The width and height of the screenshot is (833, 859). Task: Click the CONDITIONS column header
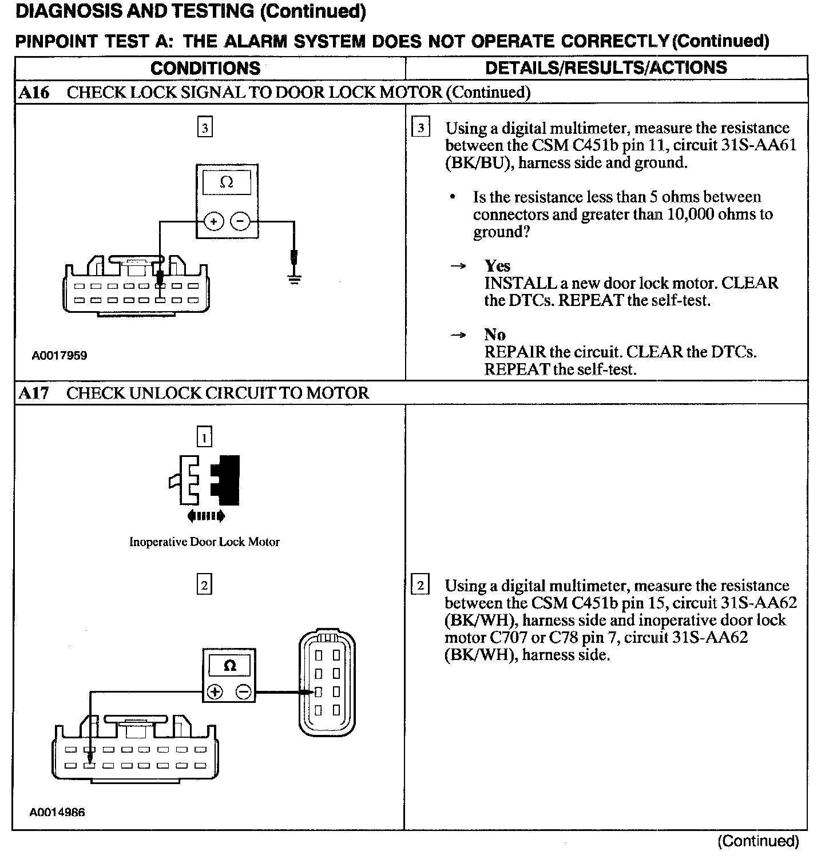coord(205,68)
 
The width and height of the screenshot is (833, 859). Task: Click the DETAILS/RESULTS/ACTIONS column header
coord(606,67)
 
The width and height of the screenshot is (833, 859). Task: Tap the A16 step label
coord(34,93)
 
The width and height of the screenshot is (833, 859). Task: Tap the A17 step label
coord(34,393)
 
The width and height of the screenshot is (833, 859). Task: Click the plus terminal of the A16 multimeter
coord(213,221)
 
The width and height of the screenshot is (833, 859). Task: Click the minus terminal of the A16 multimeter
coord(241,221)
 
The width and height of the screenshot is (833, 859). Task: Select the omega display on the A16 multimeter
coord(227,182)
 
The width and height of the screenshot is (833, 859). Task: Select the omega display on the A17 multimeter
coord(229,666)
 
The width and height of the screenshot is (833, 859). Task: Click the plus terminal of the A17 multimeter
coord(215,693)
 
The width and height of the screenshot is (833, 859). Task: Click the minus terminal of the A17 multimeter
coord(243,693)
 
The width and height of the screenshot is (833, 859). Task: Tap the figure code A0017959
coord(59,356)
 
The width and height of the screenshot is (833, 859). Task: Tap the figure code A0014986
coord(57,812)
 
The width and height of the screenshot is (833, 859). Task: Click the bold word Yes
coord(497,266)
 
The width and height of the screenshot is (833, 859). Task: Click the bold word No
coord(494,335)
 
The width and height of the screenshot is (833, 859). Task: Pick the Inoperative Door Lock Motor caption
coord(204,542)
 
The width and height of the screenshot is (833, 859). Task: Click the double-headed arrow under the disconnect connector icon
coord(206,516)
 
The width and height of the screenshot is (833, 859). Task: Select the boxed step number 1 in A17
coord(204,438)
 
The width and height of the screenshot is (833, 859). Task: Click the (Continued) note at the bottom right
coord(758,841)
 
